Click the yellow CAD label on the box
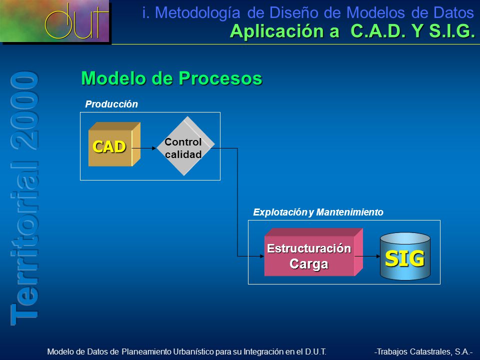(x=109, y=146)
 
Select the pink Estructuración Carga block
(x=313, y=252)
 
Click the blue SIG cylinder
(x=405, y=256)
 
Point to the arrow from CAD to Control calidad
(x=144, y=148)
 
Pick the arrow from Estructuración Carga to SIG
(x=367, y=256)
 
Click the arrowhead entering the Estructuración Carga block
(x=261, y=256)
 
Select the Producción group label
(x=111, y=104)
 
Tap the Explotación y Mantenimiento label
(x=318, y=212)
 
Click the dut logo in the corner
(x=55, y=21)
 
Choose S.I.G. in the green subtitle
(x=452, y=31)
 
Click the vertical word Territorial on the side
(x=24, y=243)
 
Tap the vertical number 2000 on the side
(x=24, y=110)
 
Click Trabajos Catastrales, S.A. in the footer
(x=423, y=351)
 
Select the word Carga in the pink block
(x=309, y=264)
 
